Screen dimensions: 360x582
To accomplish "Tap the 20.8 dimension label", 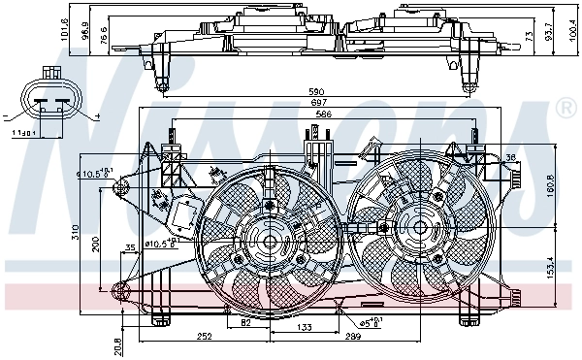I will pyautogui.click(x=118, y=342).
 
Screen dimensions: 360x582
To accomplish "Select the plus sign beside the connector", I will pyautogui.click(x=98, y=117).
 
